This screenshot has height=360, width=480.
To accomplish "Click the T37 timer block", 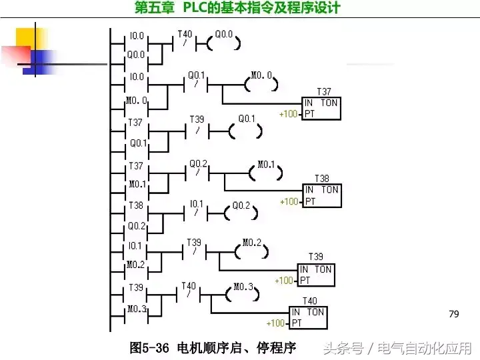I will click(321, 109).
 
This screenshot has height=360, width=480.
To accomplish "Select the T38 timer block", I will click(321, 195).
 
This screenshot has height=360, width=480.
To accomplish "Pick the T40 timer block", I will click(309, 317).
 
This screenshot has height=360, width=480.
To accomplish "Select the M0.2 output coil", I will click(252, 251).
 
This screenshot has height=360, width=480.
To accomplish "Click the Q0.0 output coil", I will click(224, 43).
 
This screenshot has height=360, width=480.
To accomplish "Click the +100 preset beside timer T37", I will click(289, 114).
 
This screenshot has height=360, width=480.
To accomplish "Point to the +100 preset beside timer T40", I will click(276, 323).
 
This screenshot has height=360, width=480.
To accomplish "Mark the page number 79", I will click(455, 313).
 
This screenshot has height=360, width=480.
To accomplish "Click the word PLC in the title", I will click(195, 8).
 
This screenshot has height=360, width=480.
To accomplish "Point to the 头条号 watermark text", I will click(343, 348).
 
